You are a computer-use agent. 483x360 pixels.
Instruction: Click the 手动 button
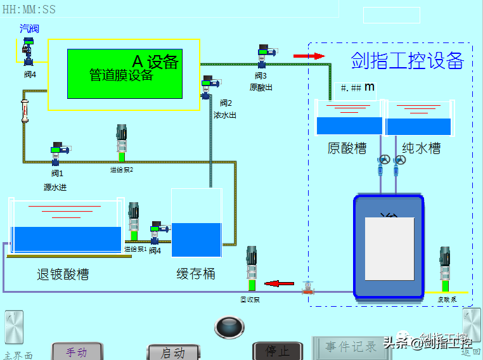pos(77,352)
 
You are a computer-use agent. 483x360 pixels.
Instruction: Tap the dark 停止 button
pos(278,351)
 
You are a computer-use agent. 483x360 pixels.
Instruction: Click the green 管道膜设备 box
pos(125,74)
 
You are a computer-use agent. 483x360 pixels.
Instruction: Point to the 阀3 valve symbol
pos(264,56)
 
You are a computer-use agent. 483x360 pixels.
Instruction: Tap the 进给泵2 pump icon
pos(122,143)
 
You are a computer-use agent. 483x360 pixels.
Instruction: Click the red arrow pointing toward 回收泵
pos(280,283)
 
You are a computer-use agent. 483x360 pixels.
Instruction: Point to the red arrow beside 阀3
pos(309,56)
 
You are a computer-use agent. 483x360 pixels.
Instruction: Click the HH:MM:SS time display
pos(29,9)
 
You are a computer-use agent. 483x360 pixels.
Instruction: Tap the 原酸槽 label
pos(347,148)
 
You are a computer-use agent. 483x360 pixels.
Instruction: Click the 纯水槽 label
pos(422,148)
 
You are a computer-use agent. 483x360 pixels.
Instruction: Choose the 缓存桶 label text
pos(196,274)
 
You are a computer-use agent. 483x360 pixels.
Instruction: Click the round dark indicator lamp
pos(229,327)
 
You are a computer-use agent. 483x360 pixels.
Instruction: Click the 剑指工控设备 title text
pos(408,61)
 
